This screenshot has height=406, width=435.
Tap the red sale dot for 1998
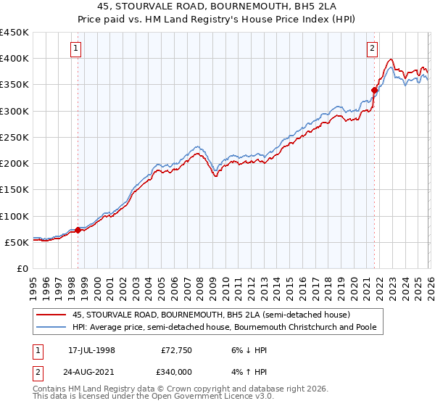coord(78,231)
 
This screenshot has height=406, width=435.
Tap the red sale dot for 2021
coord(374,90)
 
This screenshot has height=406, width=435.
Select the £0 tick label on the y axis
coord(22,268)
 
